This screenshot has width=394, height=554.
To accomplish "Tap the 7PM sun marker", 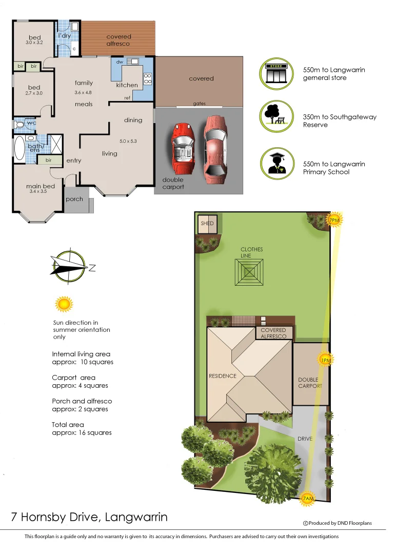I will pyautogui.click(x=334, y=221).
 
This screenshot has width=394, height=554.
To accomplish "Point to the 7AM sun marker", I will pyautogui.click(x=308, y=498).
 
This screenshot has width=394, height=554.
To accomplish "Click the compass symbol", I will pyautogui.click(x=70, y=267).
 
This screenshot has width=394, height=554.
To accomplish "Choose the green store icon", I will pyautogui.click(x=277, y=73).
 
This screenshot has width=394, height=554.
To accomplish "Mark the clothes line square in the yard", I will pyautogui.click(x=249, y=272).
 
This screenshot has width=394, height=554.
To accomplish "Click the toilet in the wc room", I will pyautogui.click(x=20, y=124).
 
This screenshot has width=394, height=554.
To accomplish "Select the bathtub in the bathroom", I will pyautogui.click(x=20, y=149).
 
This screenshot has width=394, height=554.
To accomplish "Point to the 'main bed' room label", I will pyautogui.click(x=41, y=186).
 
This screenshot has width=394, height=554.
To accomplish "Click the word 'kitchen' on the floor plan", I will pyautogui.click(x=127, y=85).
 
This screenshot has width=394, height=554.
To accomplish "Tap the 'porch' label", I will pyautogui.click(x=75, y=199).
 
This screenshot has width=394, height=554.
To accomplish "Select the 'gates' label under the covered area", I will pyautogui.click(x=200, y=104).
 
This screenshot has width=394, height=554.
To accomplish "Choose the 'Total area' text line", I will pyautogui.click(x=68, y=425).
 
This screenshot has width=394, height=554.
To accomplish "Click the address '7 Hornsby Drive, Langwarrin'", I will pyautogui.click(x=89, y=517).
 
